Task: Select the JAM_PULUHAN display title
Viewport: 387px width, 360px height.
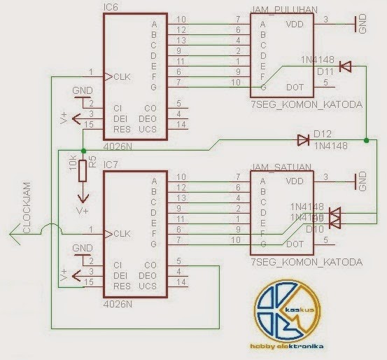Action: pyautogui.click(x=283, y=11)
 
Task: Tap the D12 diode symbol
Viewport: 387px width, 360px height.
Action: pyautogui.click(x=303, y=140)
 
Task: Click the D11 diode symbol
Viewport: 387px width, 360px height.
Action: pyautogui.click(x=344, y=67)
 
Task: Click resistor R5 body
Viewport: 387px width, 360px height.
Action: pyautogui.click(x=83, y=169)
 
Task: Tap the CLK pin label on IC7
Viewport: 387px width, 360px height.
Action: pyautogui.click(x=122, y=233)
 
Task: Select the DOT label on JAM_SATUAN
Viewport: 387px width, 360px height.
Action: pyautogui.click(x=295, y=244)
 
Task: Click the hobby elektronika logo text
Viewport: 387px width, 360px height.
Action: pyautogui.click(x=286, y=346)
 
